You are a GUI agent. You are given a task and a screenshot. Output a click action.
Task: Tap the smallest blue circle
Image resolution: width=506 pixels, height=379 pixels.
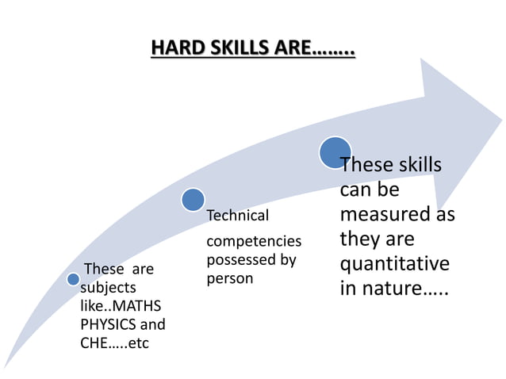click(x=73, y=279)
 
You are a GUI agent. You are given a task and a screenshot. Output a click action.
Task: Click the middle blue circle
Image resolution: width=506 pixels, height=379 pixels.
click(x=193, y=200)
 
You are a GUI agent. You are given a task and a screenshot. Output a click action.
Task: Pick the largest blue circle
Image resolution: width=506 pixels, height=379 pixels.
click(x=335, y=152)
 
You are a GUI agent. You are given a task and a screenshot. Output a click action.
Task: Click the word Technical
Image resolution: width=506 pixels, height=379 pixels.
click(x=237, y=216)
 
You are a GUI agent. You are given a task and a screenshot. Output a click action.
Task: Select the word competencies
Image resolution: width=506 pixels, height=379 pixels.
click(x=254, y=240)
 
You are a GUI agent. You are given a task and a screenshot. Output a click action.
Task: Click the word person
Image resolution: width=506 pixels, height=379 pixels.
click(x=229, y=278)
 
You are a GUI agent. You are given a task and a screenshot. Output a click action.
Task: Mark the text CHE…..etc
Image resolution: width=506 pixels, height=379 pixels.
click(x=114, y=343)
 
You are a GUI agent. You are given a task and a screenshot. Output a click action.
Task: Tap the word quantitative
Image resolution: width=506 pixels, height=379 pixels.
click(x=394, y=263)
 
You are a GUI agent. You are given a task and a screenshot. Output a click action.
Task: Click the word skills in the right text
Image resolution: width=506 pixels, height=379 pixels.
click(x=415, y=166)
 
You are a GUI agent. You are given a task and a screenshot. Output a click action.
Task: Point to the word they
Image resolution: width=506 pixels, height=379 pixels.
click(x=361, y=239)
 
